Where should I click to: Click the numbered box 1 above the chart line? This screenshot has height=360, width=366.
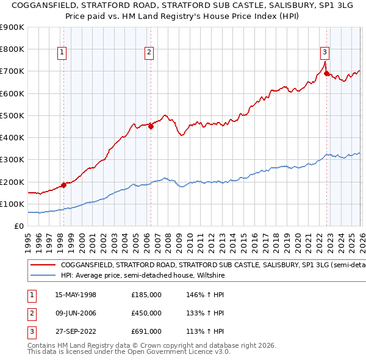pyautogui.click(x=62, y=52)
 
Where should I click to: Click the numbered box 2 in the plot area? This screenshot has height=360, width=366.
pyautogui.click(x=149, y=52)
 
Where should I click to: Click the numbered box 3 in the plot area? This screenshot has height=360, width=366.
pyautogui.click(x=325, y=52)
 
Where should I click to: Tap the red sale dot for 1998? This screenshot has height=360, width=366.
pyautogui.click(x=63, y=185)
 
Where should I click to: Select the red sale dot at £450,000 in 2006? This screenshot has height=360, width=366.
pyautogui.click(x=151, y=127)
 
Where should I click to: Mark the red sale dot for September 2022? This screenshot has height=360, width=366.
pyautogui.click(x=326, y=74)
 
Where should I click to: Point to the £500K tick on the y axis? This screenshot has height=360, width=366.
pyautogui.click(x=12, y=115)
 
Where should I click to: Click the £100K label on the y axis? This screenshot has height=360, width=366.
pyautogui.click(x=12, y=204)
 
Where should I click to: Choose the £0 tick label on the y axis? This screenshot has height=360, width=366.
pyautogui.click(x=18, y=226)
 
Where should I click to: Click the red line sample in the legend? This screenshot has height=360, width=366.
pyautogui.click(x=43, y=265)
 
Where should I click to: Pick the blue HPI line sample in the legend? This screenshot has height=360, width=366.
pyautogui.click(x=43, y=276)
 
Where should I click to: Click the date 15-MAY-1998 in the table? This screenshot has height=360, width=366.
pyautogui.click(x=76, y=294)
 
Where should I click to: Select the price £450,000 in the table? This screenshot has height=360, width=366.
pyautogui.click(x=146, y=313)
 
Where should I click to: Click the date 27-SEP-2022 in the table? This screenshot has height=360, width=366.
pyautogui.click(x=76, y=332)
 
